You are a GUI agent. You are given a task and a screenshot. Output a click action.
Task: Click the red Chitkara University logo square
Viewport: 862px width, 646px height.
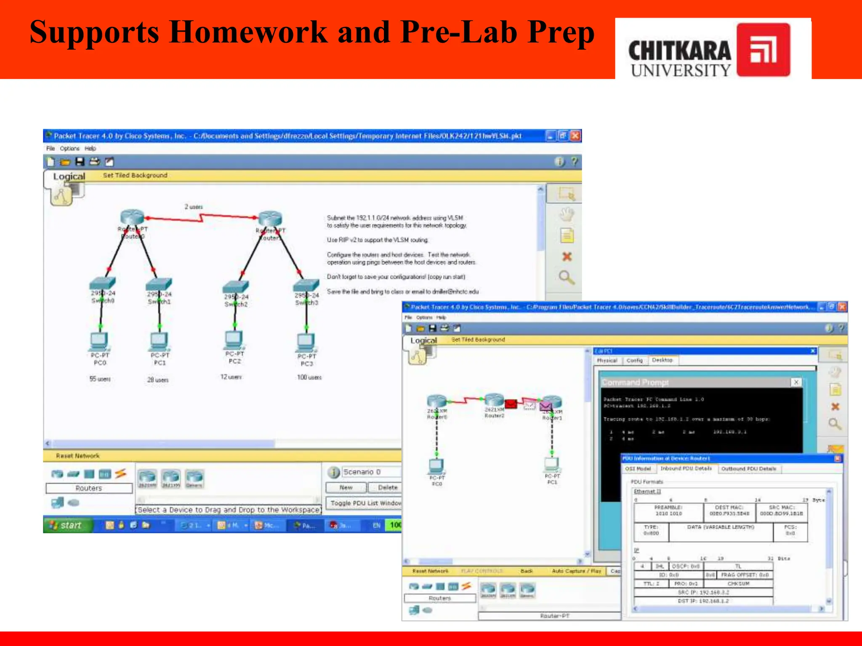click(x=763, y=50)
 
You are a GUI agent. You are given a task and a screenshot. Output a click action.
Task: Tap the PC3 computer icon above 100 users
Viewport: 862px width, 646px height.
click(x=306, y=342)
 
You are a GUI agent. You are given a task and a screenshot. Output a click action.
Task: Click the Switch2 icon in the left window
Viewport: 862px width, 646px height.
click(x=236, y=287)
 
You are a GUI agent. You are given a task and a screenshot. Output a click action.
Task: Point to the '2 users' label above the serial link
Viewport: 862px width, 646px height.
click(x=194, y=207)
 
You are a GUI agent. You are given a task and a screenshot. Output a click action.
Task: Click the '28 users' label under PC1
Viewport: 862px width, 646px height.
click(x=158, y=380)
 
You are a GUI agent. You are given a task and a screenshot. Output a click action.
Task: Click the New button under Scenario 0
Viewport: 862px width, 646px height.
click(x=346, y=487)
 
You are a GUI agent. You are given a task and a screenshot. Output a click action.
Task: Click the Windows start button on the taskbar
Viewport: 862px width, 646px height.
click(x=67, y=525)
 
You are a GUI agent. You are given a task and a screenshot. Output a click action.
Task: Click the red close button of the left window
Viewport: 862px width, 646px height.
click(x=575, y=136)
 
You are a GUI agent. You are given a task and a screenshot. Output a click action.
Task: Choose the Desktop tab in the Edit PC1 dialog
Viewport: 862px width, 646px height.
click(x=662, y=360)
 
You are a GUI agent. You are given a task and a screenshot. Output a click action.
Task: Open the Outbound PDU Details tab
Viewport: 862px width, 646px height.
click(x=749, y=469)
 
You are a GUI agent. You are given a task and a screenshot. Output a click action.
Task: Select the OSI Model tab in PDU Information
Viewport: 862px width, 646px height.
click(x=638, y=469)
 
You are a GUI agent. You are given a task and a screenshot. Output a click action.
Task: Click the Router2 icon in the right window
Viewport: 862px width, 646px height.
click(x=494, y=400)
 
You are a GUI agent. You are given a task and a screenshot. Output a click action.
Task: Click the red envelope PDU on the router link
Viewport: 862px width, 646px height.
click(x=511, y=404)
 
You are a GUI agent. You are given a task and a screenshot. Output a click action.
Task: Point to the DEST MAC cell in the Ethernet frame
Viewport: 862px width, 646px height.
click(x=729, y=510)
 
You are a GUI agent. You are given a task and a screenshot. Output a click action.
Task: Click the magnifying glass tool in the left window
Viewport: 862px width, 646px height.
click(x=566, y=277)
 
